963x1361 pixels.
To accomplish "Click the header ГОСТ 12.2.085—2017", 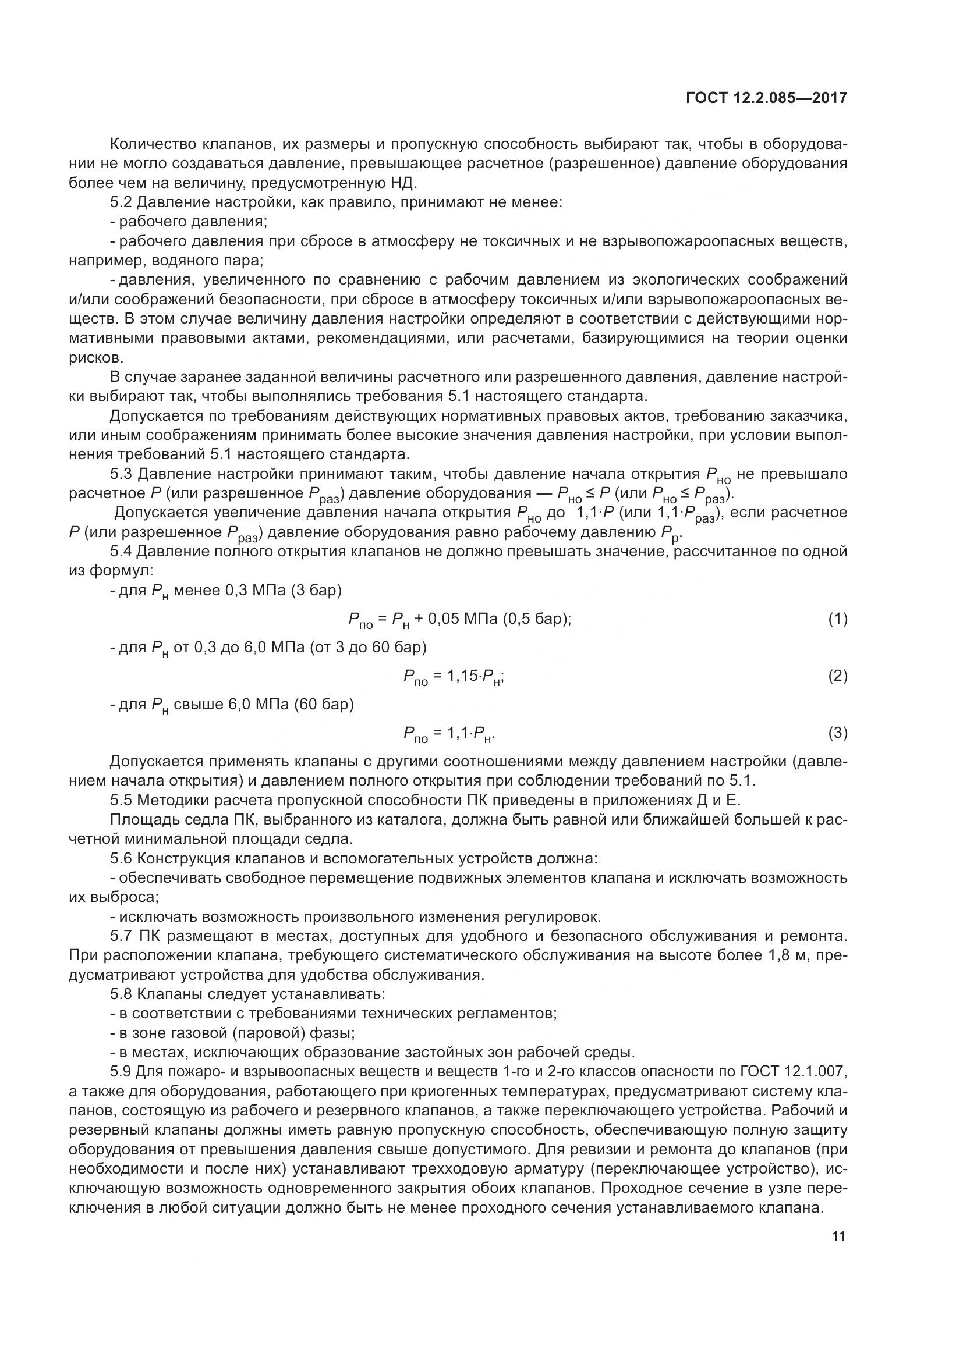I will coord(766,98).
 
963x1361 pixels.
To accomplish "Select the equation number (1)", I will coord(838,620).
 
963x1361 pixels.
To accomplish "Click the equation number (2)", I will coord(838,676).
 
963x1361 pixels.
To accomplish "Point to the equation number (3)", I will coord(838,733).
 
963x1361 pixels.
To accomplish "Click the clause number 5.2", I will coord(121,202).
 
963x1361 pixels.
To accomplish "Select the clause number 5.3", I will coord(121,474).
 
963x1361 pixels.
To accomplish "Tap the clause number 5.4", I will coord(121,552).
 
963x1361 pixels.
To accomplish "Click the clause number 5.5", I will coord(121,801).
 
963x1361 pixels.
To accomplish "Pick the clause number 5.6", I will coord(121,858).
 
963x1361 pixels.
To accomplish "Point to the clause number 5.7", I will coord(121,936).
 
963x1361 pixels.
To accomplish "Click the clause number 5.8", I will coord(121,993).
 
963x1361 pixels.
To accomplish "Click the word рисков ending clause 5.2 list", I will coord(96,357).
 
